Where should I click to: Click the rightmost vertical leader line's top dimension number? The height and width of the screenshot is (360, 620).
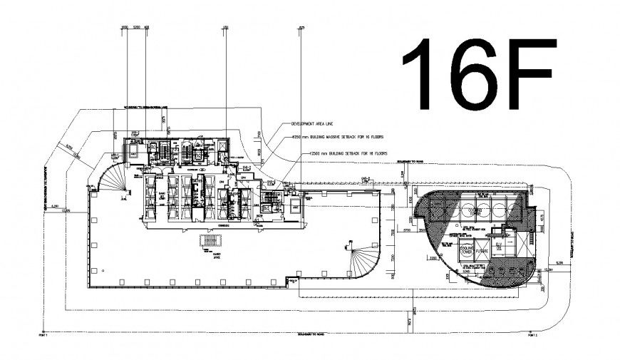[301, 28]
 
